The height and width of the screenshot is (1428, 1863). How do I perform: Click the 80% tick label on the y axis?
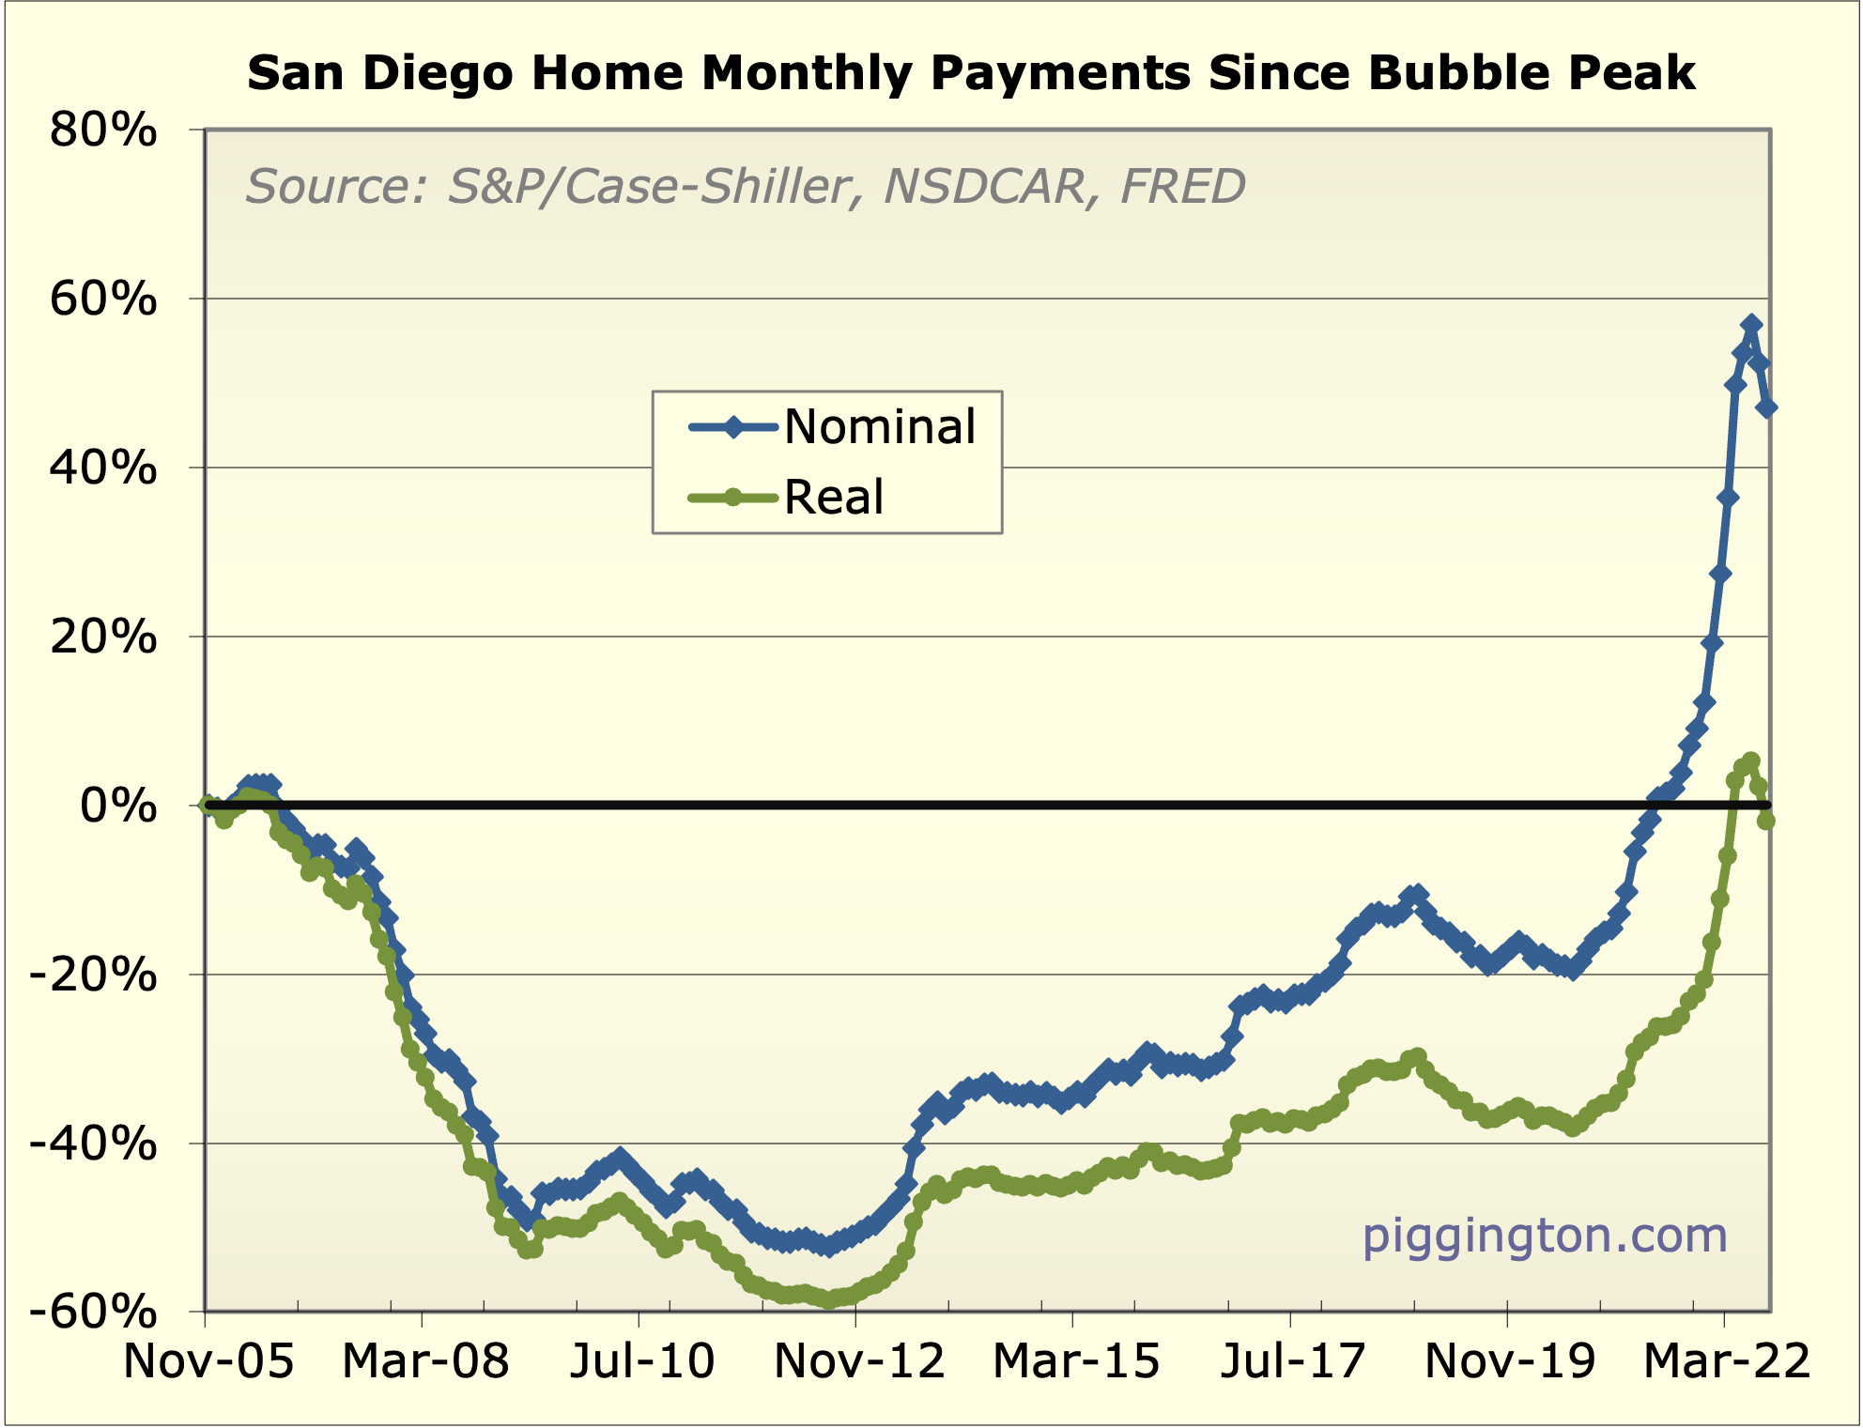click(x=103, y=131)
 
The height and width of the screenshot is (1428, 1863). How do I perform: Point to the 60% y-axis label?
click(x=103, y=299)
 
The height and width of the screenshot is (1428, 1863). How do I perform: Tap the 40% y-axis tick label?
click(x=103, y=468)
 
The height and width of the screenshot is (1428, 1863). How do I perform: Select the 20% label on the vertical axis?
click(x=103, y=637)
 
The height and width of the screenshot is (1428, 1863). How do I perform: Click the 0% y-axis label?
click(x=118, y=806)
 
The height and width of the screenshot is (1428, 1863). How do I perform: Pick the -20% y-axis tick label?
click(x=94, y=975)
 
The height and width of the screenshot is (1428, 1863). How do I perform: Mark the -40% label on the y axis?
click(x=94, y=1144)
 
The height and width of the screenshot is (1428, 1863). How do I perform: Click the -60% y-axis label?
click(x=94, y=1312)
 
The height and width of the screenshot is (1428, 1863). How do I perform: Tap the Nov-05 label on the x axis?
click(x=208, y=1361)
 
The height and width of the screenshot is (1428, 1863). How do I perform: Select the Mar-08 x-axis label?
click(x=425, y=1361)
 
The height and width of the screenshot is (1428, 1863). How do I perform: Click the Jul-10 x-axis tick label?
click(x=642, y=1361)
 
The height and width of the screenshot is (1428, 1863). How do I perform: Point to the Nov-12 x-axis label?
click(x=859, y=1361)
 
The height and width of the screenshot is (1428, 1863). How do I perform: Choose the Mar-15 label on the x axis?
click(x=1076, y=1361)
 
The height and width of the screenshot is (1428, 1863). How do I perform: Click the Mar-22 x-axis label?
click(x=1726, y=1361)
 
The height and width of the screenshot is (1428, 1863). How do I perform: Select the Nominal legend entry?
click(x=879, y=427)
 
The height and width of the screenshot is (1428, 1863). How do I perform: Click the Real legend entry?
click(x=834, y=498)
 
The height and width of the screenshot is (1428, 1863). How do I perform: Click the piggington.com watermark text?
click(x=1545, y=1236)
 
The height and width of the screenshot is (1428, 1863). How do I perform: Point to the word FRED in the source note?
click(x=1183, y=186)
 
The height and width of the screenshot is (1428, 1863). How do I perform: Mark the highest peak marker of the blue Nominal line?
click(x=1751, y=325)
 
